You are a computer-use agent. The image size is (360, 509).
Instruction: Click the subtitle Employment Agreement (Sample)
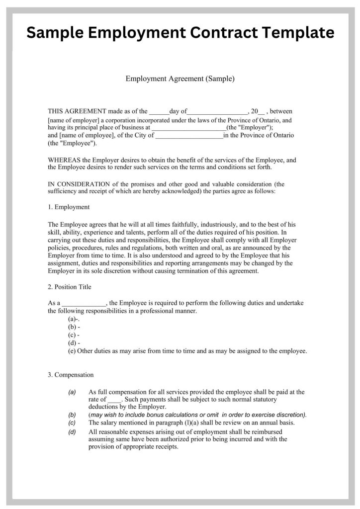[x=180, y=79]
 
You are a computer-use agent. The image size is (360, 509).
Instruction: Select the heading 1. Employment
[x=69, y=207]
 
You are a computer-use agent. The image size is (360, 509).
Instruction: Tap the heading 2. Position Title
[x=70, y=287]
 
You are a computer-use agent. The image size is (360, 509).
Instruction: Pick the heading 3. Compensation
[x=71, y=374]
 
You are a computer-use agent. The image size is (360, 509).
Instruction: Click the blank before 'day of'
[x=159, y=112]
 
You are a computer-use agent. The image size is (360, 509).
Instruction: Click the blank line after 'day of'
[x=217, y=112]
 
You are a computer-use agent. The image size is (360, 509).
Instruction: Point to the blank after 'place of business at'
[x=188, y=128]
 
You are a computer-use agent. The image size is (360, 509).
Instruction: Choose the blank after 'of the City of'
[x=189, y=136]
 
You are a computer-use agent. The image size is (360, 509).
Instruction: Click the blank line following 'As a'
[x=84, y=303]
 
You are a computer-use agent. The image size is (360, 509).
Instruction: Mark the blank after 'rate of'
[x=114, y=400]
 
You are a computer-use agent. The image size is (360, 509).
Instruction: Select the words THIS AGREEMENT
[x=77, y=111]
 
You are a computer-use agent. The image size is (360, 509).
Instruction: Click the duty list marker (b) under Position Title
[x=72, y=327]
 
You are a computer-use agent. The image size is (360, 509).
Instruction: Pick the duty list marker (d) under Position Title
[x=72, y=343]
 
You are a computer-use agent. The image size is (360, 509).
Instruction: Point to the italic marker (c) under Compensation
[x=72, y=423]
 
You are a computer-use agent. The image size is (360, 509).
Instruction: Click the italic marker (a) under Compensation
[x=72, y=392]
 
